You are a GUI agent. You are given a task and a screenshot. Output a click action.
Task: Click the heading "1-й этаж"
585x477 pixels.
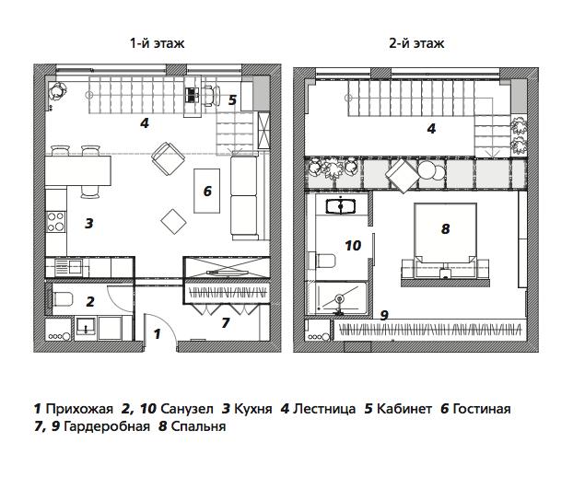[157, 43]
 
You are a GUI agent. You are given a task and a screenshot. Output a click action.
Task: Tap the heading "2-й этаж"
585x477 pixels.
[416, 43]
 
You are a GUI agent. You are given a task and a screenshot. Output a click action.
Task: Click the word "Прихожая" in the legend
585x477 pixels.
[79, 409]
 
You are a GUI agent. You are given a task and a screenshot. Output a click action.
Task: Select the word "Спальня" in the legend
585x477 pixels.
[198, 426]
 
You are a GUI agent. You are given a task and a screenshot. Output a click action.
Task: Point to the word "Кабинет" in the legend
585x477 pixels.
[404, 409]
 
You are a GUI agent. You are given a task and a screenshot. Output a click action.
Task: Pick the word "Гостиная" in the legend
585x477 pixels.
[482, 409]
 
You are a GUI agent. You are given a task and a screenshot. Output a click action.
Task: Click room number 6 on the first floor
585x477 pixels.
[207, 192]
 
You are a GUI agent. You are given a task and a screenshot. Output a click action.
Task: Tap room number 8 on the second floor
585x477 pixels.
[445, 228]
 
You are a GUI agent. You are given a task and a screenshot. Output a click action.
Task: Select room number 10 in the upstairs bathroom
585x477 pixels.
[353, 245]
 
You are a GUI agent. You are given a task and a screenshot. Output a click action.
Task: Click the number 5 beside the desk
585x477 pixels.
[232, 100]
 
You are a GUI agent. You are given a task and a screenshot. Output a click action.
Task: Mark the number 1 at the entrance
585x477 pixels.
[157, 333]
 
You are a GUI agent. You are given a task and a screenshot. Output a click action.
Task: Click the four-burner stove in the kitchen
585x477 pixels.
[55, 222]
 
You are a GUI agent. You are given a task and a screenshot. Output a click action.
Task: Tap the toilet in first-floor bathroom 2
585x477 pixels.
[63, 299]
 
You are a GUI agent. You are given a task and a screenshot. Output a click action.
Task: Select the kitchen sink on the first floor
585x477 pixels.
[68, 267]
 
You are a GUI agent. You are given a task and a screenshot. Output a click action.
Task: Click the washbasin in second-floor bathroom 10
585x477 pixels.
[341, 206]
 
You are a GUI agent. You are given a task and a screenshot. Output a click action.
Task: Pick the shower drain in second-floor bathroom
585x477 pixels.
[340, 298]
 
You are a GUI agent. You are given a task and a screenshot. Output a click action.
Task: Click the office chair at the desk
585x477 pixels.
[211, 96]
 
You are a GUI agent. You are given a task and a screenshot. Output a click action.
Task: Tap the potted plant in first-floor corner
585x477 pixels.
[57, 91]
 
